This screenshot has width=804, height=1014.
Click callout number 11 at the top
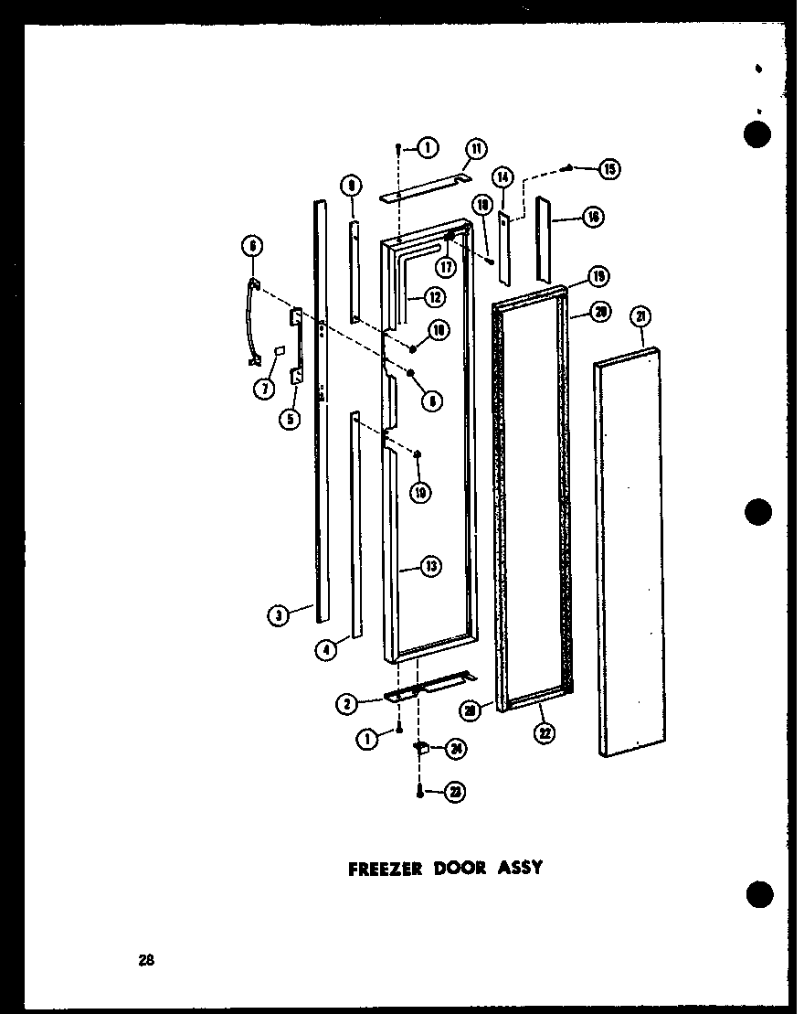(476, 149)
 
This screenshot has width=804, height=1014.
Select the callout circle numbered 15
(609, 168)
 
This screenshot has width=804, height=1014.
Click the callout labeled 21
(641, 317)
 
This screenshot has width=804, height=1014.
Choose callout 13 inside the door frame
(430, 567)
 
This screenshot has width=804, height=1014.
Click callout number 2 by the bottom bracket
(347, 703)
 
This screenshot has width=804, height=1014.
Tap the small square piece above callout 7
(280, 350)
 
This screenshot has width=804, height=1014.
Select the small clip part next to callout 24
(422, 748)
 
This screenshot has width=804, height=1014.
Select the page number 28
(147, 960)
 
